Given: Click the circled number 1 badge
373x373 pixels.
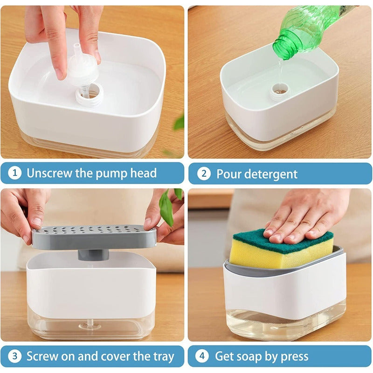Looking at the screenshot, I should (x=15, y=173).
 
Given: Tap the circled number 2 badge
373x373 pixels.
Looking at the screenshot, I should (x=203, y=174).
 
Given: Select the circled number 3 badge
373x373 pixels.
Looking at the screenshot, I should (x=15, y=357).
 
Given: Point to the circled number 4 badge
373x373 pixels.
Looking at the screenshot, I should (x=202, y=357).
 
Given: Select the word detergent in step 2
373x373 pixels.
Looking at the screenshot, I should (x=271, y=174).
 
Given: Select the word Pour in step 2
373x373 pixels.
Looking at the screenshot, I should (x=228, y=174).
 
